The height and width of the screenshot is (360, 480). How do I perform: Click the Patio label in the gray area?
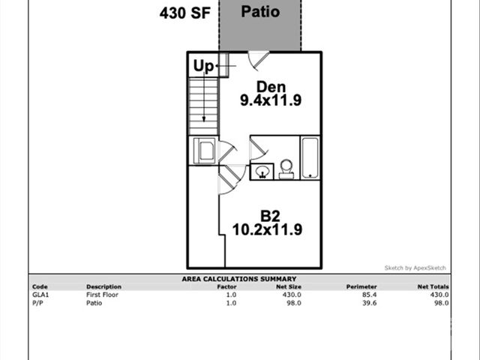click(261, 13)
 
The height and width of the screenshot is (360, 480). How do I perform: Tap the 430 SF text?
click(184, 13)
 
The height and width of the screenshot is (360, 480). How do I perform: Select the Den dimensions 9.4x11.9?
click(270, 100)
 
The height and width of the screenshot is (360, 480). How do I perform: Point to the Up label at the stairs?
click(203, 66)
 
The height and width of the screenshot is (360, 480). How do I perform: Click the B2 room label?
click(270, 216)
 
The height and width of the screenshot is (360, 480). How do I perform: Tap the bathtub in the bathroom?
click(310, 157)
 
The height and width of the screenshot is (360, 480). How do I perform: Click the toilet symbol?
click(286, 169)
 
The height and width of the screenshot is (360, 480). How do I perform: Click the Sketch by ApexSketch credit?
click(415, 268)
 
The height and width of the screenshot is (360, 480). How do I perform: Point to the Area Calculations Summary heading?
click(239, 279)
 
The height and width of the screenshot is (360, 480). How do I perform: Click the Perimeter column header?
click(361, 286)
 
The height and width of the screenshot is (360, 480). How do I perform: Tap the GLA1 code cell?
click(39, 295)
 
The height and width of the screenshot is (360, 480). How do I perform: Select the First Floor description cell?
click(103, 295)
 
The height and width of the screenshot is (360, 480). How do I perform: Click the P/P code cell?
click(37, 303)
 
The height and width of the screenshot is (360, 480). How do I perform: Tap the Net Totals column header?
click(433, 286)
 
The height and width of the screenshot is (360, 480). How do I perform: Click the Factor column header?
click(227, 286)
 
